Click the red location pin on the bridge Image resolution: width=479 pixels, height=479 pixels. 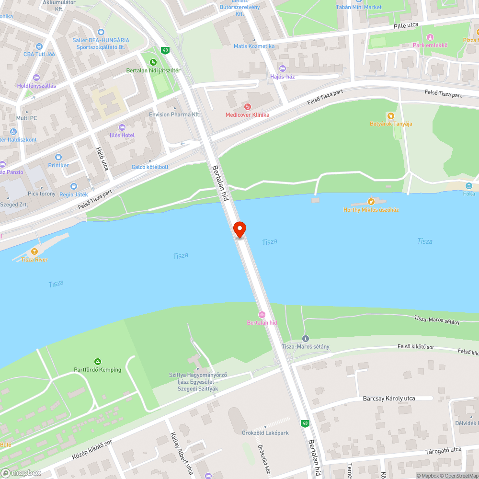click(239, 229)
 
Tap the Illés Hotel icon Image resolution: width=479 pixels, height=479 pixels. click(122, 127)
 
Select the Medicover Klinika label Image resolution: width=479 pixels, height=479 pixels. click(248, 115)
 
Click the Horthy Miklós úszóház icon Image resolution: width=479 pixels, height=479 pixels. click(370, 202)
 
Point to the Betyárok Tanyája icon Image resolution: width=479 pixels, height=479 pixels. click(391, 116)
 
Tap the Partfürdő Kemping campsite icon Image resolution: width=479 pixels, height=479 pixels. click(98, 362)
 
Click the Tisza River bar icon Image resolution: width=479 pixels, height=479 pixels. click(34, 251)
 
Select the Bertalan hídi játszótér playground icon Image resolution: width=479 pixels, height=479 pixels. click(153, 62)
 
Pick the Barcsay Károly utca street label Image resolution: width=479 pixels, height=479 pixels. click(389, 399)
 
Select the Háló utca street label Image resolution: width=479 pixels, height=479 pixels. click(102, 159)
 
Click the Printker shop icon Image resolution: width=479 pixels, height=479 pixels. click(58, 157)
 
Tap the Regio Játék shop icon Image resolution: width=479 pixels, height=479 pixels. click(74, 186)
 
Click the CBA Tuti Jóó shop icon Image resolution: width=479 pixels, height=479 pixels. click(39, 46)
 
